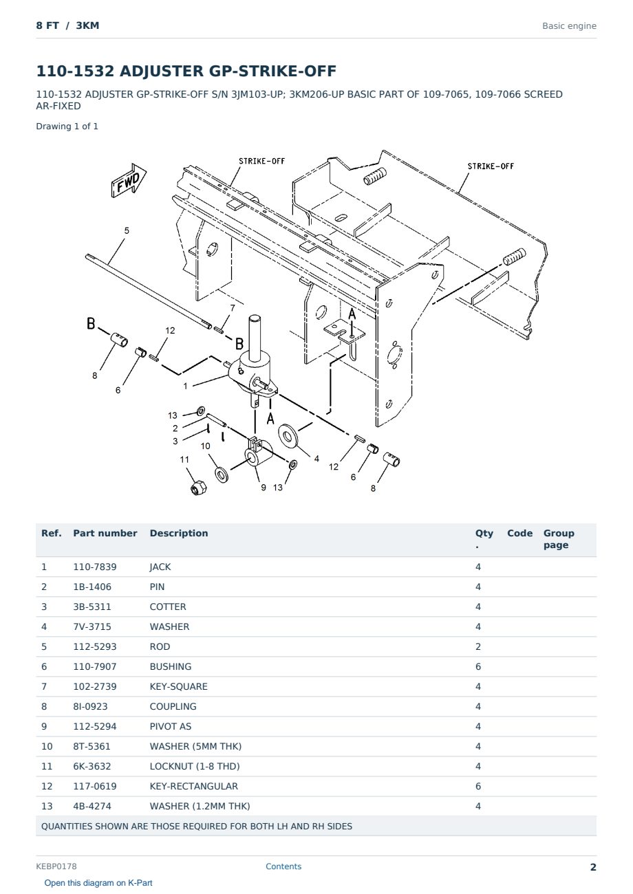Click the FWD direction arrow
click(x=129, y=180)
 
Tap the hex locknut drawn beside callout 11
click(x=198, y=488)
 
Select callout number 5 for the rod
click(x=127, y=230)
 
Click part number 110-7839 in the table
click(x=95, y=567)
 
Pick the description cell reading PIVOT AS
click(x=171, y=726)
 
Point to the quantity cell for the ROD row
click(x=478, y=646)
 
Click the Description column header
click(x=179, y=533)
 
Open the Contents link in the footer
click(x=283, y=866)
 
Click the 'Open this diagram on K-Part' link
click(x=98, y=883)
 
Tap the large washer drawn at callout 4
click(x=288, y=435)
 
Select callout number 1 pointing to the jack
click(x=185, y=386)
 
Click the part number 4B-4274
click(x=92, y=806)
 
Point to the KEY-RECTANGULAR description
click(x=194, y=786)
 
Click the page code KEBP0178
click(x=56, y=866)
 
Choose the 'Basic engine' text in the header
click(x=569, y=26)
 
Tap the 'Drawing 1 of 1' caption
click(x=67, y=127)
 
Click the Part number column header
click(x=105, y=533)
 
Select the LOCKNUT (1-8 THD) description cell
click(x=195, y=766)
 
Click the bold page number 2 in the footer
click(x=593, y=867)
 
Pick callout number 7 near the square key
click(x=233, y=307)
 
